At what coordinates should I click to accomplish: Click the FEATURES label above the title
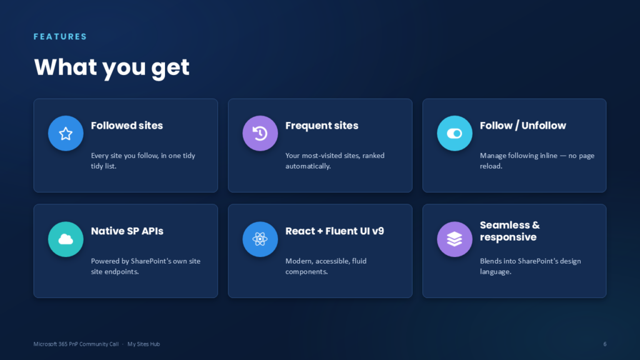click(60, 37)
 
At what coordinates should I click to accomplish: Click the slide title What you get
click(112, 67)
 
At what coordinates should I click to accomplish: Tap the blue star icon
click(66, 134)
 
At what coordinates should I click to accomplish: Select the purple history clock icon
click(260, 134)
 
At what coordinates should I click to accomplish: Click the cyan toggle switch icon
click(454, 134)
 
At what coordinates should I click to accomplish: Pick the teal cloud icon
click(66, 239)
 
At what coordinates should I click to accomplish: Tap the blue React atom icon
click(260, 239)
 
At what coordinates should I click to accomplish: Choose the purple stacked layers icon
click(454, 239)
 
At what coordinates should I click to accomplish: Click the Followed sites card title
click(126, 126)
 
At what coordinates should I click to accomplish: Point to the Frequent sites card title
click(322, 126)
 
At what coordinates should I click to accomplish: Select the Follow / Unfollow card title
click(523, 126)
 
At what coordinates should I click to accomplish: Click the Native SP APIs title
click(127, 231)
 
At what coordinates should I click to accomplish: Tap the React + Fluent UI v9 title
click(335, 231)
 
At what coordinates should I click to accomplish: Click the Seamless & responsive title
click(510, 231)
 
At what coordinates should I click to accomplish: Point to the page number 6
click(605, 344)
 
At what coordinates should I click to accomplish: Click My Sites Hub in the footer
click(144, 344)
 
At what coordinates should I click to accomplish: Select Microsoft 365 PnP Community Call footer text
click(76, 344)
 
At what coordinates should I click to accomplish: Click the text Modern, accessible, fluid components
click(326, 266)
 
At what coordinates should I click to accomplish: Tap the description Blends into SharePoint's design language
click(530, 266)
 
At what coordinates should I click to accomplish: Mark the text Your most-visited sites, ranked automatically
click(335, 161)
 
